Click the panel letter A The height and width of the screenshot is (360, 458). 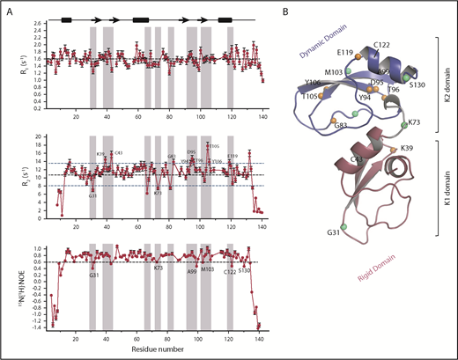pos(8,8)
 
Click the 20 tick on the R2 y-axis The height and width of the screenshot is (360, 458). pos(38,137)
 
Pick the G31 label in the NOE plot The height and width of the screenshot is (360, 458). pos(93,276)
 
